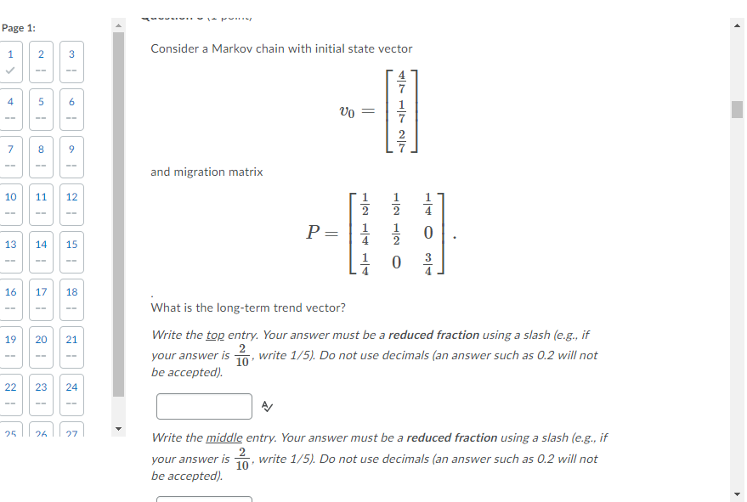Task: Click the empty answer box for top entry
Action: (204, 406)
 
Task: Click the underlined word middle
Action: (224, 438)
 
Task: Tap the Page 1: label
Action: (19, 28)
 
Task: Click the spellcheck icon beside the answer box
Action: (267, 407)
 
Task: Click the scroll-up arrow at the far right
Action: (737, 26)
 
